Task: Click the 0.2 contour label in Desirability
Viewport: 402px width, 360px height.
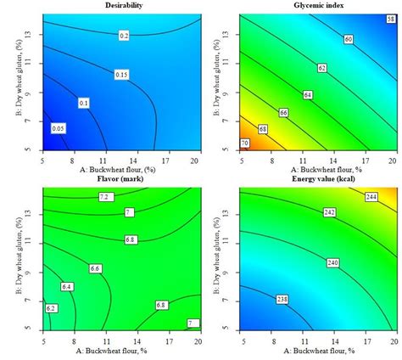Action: [x=124, y=36]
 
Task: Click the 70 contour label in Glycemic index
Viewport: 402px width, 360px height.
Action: [x=243, y=143]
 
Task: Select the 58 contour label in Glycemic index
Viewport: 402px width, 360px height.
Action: [x=377, y=18]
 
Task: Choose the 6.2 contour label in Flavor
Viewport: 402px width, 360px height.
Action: [x=52, y=308]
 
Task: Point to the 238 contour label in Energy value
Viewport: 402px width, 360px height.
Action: [x=280, y=299]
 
